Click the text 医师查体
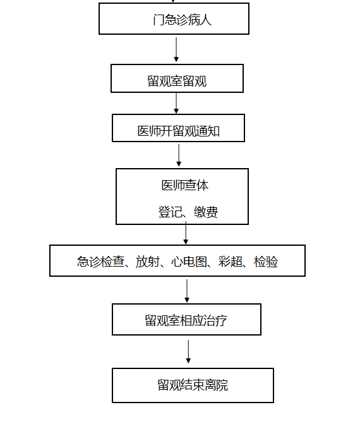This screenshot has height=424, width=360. click(x=185, y=186)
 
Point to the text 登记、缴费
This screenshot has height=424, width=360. click(x=188, y=212)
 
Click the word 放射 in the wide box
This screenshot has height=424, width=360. click(x=147, y=262)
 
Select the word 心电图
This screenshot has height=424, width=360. click(x=189, y=262)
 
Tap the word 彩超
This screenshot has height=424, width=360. click(x=231, y=262)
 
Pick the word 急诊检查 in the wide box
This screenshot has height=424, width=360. click(x=100, y=262)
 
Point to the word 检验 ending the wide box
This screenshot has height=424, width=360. click(x=266, y=262)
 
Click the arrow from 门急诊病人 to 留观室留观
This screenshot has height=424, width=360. click(x=176, y=49)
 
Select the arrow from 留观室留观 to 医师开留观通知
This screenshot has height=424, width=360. click(x=176, y=103)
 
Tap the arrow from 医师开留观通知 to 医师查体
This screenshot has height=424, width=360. click(x=179, y=155)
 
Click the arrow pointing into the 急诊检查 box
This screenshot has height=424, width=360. click(x=186, y=233)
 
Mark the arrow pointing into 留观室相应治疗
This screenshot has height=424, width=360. click(x=187, y=291)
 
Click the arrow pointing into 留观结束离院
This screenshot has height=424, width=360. click(x=188, y=351)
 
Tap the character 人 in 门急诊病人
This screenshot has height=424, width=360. click(x=206, y=20)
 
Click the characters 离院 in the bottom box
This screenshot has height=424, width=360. click(x=216, y=385)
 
